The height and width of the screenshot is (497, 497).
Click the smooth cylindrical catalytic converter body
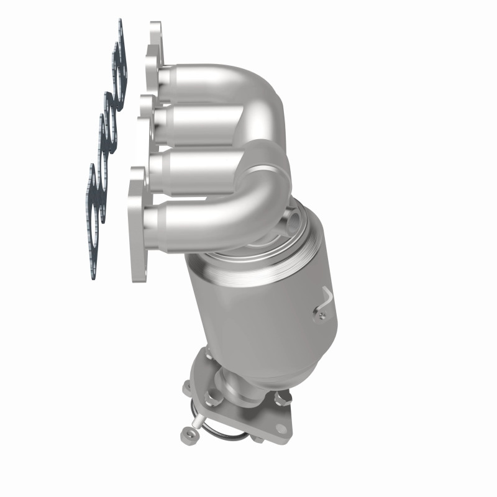(x=261, y=311)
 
